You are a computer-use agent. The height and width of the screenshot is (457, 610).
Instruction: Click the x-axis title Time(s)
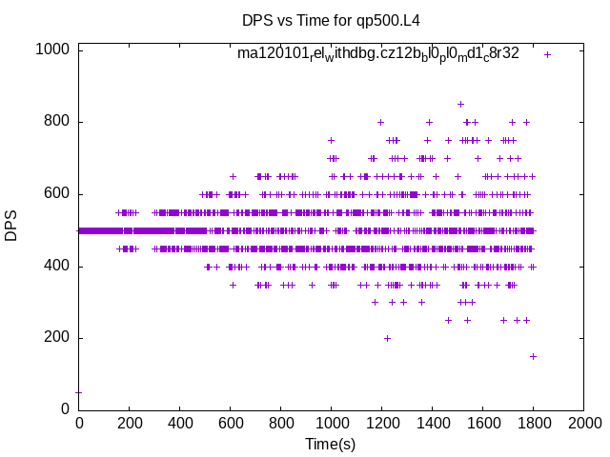point(330,444)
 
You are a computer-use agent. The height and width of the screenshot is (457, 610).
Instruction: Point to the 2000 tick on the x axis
point(583,423)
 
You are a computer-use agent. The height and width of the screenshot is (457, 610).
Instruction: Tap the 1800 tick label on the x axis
point(533,423)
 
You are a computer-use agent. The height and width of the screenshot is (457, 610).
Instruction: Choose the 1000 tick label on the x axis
point(331,423)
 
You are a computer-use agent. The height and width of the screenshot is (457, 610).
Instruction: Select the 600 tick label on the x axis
point(230,423)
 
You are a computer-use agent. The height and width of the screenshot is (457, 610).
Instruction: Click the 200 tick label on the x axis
point(129,423)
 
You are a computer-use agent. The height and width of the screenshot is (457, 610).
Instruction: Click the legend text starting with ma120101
point(378,53)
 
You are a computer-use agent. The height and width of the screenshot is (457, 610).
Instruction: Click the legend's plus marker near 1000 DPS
point(547,54)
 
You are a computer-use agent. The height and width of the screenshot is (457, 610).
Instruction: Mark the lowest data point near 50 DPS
point(78,392)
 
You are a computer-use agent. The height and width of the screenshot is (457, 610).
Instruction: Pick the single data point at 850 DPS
point(460,104)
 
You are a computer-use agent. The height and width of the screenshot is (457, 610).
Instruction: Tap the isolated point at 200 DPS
point(387,338)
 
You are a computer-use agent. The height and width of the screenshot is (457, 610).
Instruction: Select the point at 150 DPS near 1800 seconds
point(533,356)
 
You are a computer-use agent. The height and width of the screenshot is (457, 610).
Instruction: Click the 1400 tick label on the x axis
point(432,423)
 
